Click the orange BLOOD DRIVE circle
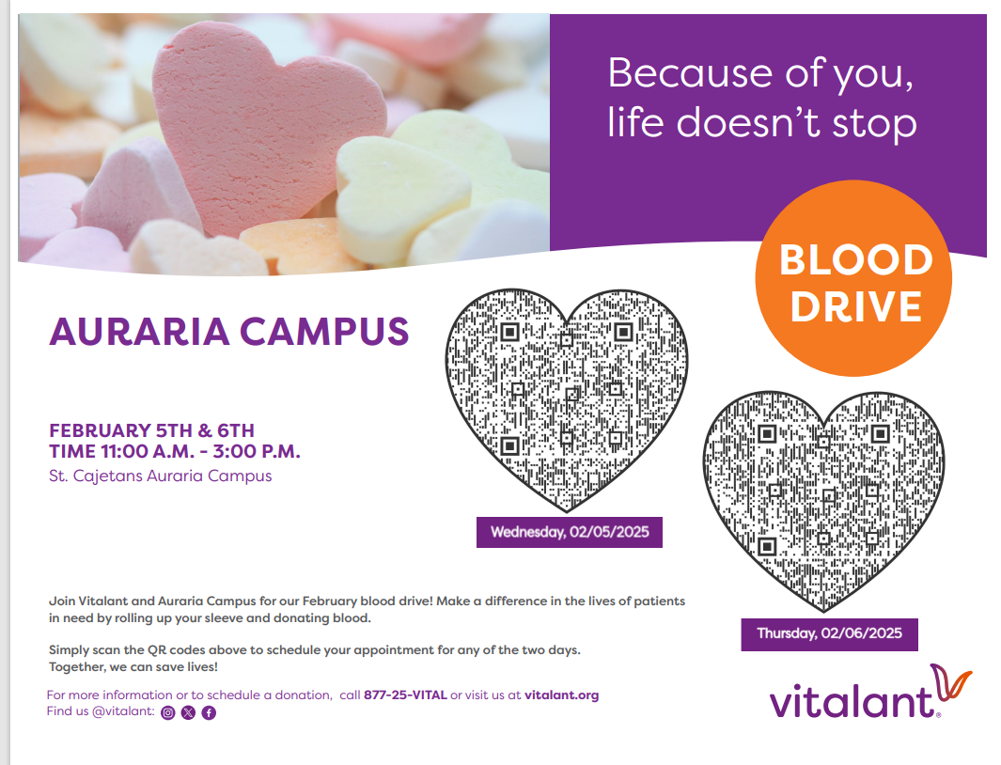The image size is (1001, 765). (x=853, y=280)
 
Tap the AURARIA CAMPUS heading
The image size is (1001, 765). (x=228, y=331)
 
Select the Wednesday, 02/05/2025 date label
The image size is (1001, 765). (x=570, y=533)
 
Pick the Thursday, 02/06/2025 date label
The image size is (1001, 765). (x=829, y=633)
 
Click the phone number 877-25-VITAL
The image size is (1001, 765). (x=405, y=695)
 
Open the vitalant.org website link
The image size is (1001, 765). (x=561, y=695)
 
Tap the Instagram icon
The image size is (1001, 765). (x=168, y=712)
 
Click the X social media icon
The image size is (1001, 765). (x=188, y=712)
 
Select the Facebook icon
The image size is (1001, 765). (x=209, y=712)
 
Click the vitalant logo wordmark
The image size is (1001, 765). (x=851, y=701)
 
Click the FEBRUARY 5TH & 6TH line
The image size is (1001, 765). (x=151, y=430)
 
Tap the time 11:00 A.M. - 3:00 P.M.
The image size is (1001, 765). (x=175, y=451)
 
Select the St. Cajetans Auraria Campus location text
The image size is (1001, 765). (x=160, y=476)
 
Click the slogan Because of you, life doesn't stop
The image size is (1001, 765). (x=761, y=98)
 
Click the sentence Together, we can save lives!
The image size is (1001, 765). (x=133, y=666)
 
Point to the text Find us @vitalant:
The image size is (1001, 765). (x=101, y=711)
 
